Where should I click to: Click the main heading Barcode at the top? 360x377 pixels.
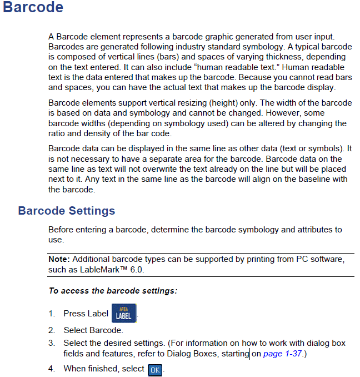click(x=33, y=8)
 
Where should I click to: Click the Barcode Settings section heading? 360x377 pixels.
click(x=67, y=211)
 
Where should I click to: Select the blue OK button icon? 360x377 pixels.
click(x=155, y=369)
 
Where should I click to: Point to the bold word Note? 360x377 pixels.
click(x=59, y=259)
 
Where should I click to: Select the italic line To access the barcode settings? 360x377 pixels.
click(x=113, y=290)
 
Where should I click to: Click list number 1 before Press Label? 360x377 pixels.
click(x=51, y=314)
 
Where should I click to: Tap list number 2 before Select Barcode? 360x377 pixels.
click(x=51, y=330)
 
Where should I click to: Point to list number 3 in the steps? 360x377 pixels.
click(x=51, y=343)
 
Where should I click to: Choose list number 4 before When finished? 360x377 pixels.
click(x=51, y=369)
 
